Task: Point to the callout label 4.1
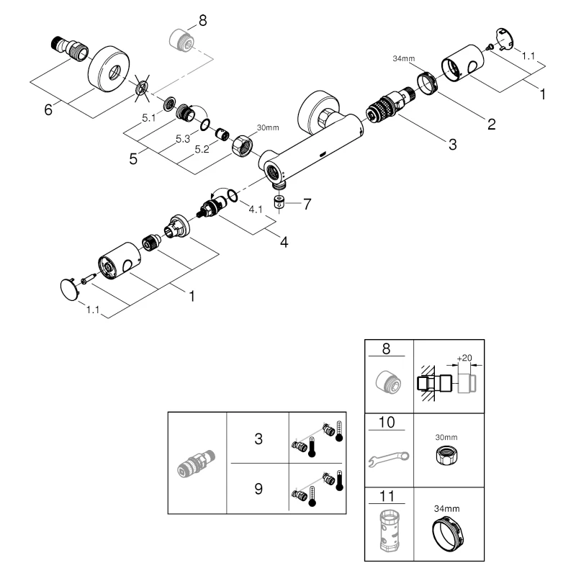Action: pyautogui.click(x=256, y=210)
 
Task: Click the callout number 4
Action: pyautogui.click(x=284, y=242)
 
